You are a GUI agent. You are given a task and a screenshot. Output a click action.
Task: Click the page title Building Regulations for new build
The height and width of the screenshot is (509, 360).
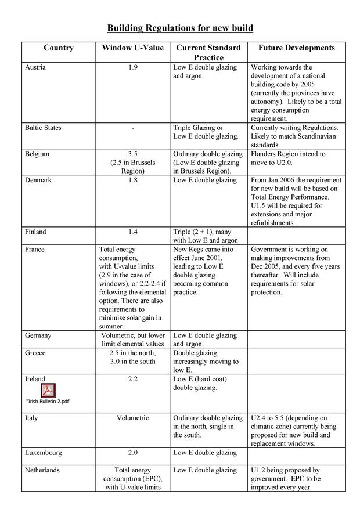pyautogui.click(x=180, y=28)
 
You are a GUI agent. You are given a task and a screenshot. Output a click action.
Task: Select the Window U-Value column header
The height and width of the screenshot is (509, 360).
pyautogui.click(x=133, y=48)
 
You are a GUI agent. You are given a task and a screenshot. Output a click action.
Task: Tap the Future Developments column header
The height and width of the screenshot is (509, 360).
pyautogui.click(x=296, y=48)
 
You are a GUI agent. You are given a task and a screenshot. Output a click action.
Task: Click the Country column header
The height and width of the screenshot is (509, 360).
pyautogui.click(x=59, y=48)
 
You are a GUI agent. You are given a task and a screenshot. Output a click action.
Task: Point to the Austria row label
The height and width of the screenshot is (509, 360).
pyautogui.click(x=35, y=67)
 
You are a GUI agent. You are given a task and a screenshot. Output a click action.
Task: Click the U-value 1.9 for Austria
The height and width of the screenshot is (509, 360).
pyautogui.click(x=133, y=67)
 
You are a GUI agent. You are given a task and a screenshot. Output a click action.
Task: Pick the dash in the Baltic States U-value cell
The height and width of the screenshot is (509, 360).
pyautogui.click(x=133, y=128)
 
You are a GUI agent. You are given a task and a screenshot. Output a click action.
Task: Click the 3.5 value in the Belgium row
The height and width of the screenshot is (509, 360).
pyautogui.click(x=133, y=154)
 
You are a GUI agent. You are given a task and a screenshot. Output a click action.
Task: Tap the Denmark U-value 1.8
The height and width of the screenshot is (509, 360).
pyautogui.click(x=133, y=180)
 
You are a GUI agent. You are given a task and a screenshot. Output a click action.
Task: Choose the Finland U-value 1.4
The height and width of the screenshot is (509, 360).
pyautogui.click(x=133, y=232)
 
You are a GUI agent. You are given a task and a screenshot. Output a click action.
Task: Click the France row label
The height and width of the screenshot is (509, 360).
pyautogui.click(x=35, y=250)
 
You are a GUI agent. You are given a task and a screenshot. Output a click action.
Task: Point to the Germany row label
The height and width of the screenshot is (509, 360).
pyautogui.click(x=38, y=335)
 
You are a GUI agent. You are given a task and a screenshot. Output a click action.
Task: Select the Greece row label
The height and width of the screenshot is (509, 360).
pyautogui.click(x=35, y=353)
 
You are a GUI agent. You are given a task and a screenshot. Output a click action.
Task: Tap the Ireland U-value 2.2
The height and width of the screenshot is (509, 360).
pyautogui.click(x=133, y=379)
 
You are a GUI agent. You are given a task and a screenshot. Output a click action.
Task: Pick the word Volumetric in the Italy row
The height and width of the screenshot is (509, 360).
pyautogui.click(x=133, y=418)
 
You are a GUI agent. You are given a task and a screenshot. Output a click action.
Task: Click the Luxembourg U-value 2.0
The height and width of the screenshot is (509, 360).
pyautogui.click(x=133, y=453)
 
